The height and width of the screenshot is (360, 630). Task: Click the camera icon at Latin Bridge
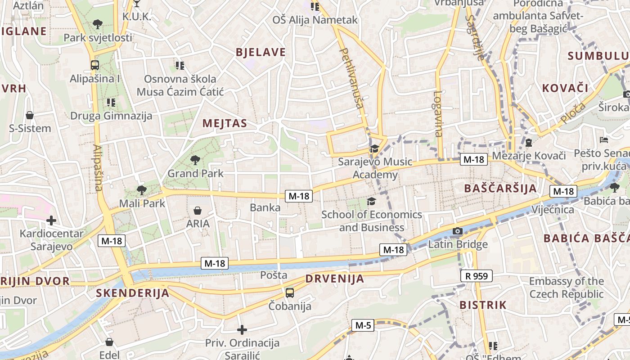(x=458, y=231)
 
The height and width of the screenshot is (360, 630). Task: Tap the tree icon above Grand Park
(x=195, y=160)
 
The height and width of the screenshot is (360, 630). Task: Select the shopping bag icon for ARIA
(x=197, y=210)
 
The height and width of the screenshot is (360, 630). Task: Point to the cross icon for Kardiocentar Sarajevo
(x=51, y=220)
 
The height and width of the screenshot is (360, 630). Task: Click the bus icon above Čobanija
(x=290, y=293)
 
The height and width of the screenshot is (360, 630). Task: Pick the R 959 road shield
(x=477, y=276)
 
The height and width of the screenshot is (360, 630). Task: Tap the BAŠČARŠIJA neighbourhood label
(x=500, y=188)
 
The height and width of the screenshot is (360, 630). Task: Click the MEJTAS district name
(x=225, y=123)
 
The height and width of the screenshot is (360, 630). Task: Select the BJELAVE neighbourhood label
(x=261, y=52)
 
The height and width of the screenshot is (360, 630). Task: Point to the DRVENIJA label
(x=335, y=279)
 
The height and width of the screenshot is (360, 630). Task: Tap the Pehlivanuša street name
(x=351, y=78)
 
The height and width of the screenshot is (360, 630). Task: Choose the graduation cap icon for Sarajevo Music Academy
(x=374, y=148)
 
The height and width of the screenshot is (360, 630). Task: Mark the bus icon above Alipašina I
(x=94, y=65)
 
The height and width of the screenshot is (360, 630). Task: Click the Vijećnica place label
(x=553, y=210)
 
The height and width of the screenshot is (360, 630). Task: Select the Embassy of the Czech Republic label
(x=566, y=288)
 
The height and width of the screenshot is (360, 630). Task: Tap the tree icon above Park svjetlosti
(x=97, y=24)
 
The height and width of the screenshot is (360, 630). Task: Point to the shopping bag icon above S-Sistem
(x=30, y=116)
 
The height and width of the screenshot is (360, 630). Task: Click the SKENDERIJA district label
(x=133, y=293)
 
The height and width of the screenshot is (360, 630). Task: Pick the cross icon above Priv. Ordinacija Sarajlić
(x=242, y=330)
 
